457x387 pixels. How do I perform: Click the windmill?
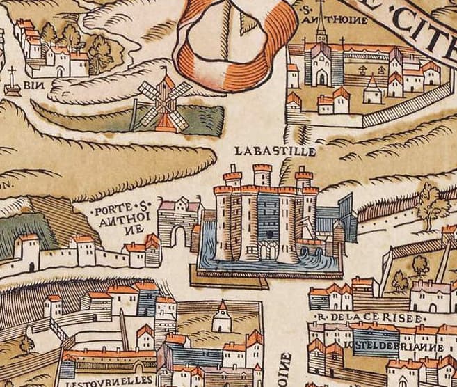pos(164,103)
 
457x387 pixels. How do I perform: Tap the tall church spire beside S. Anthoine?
pos(320,31)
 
